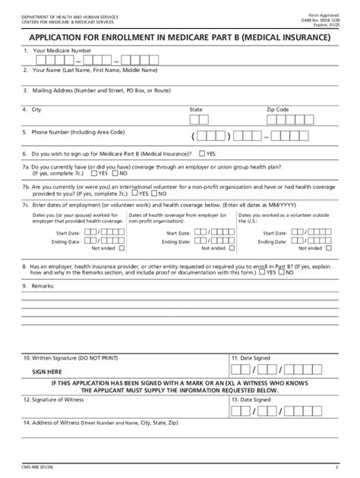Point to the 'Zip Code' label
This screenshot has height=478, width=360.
click(277, 109)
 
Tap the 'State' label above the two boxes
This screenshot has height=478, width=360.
click(196, 109)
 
